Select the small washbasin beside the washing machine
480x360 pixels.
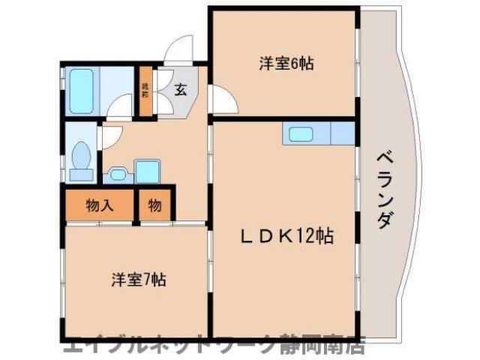117,174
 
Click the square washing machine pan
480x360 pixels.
147,172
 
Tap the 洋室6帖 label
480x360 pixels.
286,64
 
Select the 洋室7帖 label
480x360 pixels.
139,281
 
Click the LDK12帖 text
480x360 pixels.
287,236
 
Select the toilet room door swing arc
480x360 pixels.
109,136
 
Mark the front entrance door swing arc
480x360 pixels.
181,51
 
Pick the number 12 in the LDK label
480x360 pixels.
309,236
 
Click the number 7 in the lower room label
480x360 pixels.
149,281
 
